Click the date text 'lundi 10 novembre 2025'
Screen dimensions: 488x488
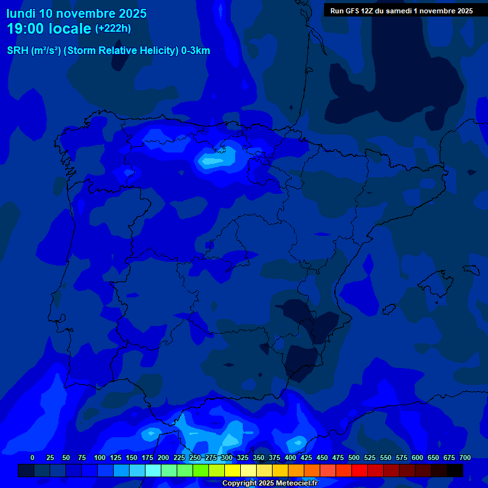77,13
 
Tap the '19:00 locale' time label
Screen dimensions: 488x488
49,29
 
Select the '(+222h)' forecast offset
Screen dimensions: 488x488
112,29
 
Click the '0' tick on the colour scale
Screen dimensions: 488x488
32,457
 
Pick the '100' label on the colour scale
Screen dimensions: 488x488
100,457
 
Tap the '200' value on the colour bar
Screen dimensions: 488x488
163,457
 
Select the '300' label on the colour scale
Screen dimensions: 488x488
227,457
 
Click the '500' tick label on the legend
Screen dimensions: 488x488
354,457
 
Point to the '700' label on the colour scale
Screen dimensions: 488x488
465,457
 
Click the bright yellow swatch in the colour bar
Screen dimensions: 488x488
233,470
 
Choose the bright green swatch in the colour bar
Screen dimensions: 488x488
201,470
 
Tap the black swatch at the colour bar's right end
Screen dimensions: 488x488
455,470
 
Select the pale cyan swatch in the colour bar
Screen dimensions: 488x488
153,470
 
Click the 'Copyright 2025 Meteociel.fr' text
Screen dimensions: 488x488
269,483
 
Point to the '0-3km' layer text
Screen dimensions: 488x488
196,51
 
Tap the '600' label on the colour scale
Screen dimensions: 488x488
417,457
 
